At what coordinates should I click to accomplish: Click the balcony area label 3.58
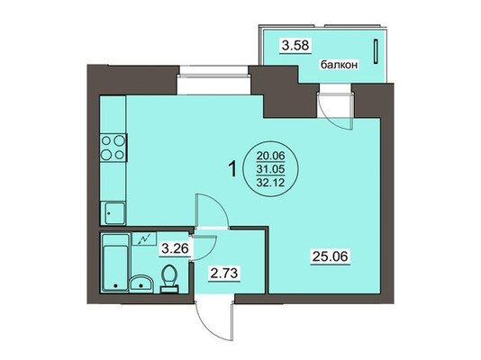tap(295, 46)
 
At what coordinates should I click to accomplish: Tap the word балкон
tap(340, 65)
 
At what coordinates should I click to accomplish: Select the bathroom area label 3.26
tap(175, 248)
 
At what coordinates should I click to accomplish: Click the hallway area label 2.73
tap(224, 273)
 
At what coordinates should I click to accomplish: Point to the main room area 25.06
tap(331, 256)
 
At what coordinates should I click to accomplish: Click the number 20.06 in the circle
tap(271, 157)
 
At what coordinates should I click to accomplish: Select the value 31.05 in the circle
tap(271, 169)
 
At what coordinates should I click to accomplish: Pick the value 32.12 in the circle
tap(271, 183)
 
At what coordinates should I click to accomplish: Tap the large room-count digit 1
tap(232, 169)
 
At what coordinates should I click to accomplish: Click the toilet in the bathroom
tap(169, 278)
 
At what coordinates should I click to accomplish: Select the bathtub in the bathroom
tap(115, 263)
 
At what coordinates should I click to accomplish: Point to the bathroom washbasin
tap(141, 283)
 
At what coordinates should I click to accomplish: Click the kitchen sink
tap(113, 213)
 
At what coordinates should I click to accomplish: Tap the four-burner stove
tap(113, 148)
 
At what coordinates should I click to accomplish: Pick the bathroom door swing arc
tap(208, 250)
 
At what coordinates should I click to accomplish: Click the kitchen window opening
tap(213, 81)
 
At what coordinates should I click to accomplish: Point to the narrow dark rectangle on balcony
tap(376, 52)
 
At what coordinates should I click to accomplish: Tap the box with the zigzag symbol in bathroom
tap(144, 238)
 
